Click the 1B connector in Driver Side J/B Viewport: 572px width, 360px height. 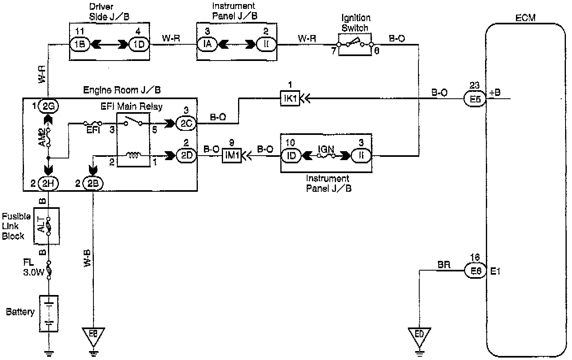tap(80, 43)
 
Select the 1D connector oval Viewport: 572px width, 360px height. tap(139, 43)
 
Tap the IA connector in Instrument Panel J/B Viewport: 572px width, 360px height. tap(207, 43)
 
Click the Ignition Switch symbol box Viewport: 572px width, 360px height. tap(354, 44)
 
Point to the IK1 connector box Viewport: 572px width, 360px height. tap(290, 98)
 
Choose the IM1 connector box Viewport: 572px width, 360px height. tap(232, 156)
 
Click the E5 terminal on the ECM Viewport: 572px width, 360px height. tap(474, 98)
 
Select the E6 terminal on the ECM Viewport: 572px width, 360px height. tap(475, 271)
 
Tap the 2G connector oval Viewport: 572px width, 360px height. tap(48, 107)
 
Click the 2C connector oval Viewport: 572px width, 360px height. tap(186, 123)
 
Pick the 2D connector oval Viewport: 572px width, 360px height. tap(186, 156)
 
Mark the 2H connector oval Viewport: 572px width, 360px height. tap(48, 184)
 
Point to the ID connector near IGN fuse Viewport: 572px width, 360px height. tap(291, 156)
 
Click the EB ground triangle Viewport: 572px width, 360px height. tap(93, 334)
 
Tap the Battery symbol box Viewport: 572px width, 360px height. tap(49, 314)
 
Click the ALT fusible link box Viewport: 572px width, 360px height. tap(46, 226)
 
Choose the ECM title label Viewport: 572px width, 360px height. tap(525, 18)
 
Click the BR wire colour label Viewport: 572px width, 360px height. tap(444, 265)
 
